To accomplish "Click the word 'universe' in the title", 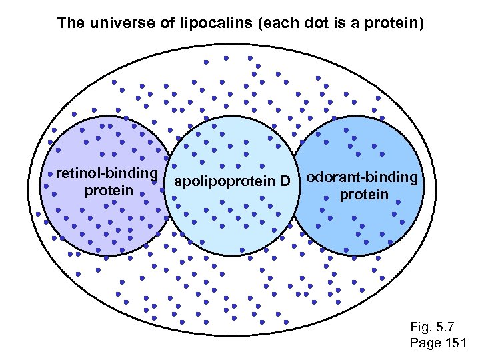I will (x=113, y=23).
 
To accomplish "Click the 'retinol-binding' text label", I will (x=107, y=174).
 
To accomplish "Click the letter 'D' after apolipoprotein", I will (x=285, y=181).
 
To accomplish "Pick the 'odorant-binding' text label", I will (x=363, y=178).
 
